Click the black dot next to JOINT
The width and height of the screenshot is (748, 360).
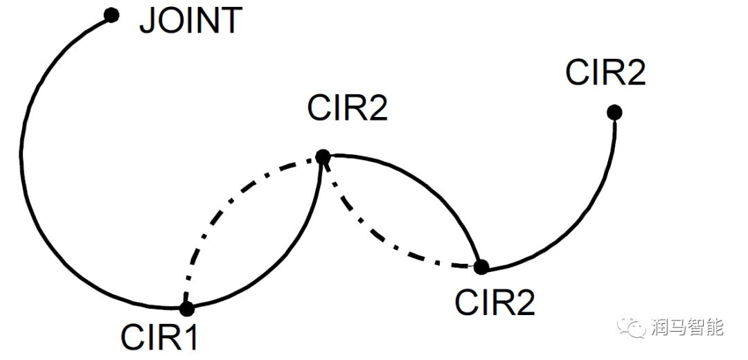(x=111, y=15)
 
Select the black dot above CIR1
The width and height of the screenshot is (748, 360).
(x=186, y=309)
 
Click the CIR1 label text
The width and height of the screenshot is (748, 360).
(x=159, y=337)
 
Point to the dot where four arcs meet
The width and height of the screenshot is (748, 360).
(x=322, y=158)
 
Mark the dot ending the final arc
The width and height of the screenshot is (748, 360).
(x=614, y=111)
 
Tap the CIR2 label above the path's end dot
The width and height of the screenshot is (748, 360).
(x=605, y=72)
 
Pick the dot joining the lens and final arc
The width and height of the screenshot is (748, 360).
(x=481, y=266)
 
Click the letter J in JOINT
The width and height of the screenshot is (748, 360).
(x=147, y=21)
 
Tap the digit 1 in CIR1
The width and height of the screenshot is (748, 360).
(x=190, y=337)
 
